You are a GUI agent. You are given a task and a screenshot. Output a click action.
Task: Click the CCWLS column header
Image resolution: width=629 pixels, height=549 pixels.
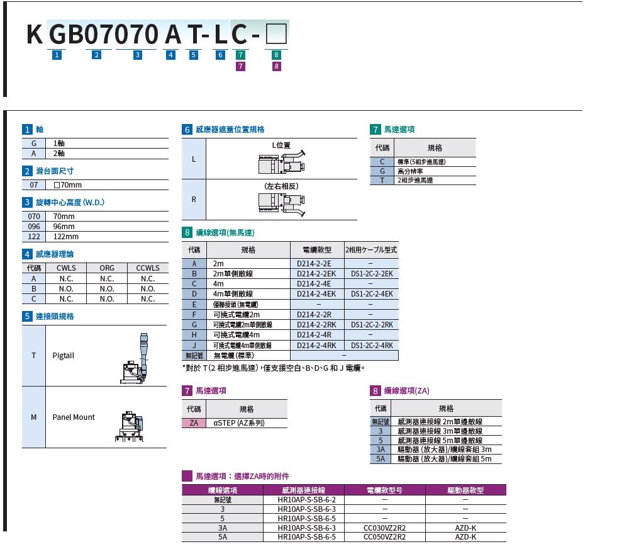click(x=148, y=268)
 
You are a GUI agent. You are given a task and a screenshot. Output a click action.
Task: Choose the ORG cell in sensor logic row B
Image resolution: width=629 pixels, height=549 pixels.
click(x=107, y=288)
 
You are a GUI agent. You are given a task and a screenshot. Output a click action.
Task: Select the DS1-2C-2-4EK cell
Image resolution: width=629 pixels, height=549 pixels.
click(x=371, y=294)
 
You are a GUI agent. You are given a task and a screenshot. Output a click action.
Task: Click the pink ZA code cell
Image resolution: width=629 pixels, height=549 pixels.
click(x=194, y=423)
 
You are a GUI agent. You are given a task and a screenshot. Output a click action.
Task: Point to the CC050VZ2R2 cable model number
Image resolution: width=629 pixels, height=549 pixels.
click(x=385, y=537)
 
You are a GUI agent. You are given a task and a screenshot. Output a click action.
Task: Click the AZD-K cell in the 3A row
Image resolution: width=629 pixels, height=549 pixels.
click(x=465, y=528)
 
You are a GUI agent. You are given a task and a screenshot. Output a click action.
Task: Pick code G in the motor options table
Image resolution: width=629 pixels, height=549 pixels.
click(x=382, y=171)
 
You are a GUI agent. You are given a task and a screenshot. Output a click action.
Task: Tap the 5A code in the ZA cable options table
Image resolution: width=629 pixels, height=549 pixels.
click(x=381, y=459)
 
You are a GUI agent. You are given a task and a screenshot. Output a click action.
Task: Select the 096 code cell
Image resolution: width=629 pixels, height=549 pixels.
click(x=34, y=227)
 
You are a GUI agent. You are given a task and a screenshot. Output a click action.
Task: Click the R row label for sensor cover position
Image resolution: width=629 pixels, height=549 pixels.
click(x=194, y=200)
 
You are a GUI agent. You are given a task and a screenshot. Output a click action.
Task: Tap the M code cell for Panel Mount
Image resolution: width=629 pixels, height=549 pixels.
click(x=34, y=417)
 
